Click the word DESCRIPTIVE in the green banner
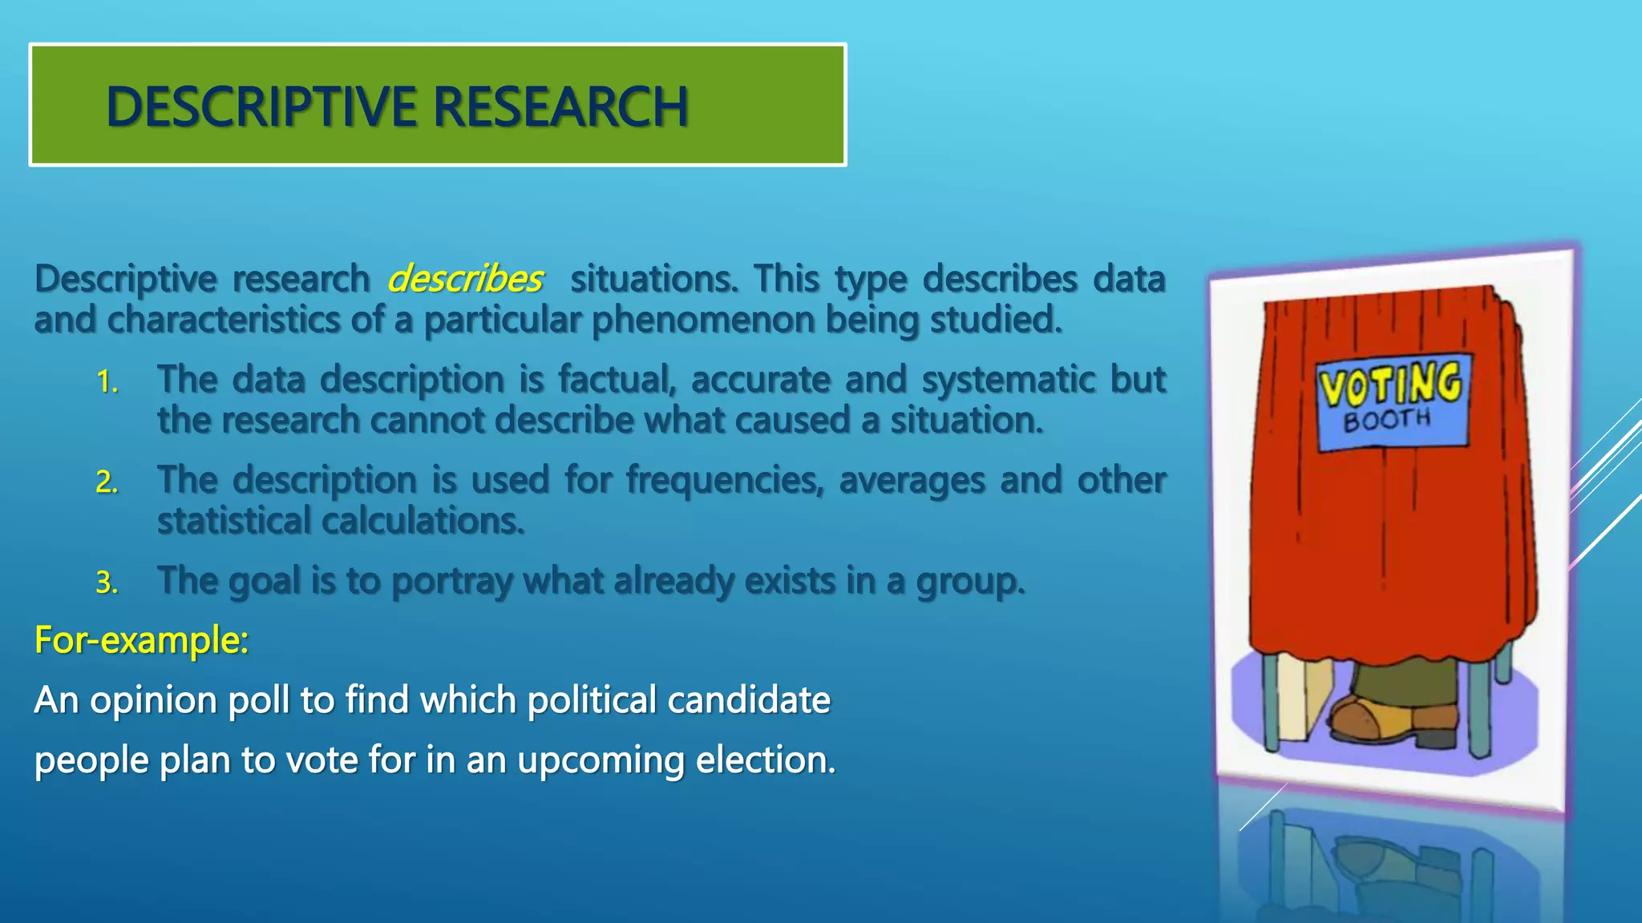click(x=261, y=107)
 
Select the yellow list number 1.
click(x=107, y=382)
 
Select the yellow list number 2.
click(x=107, y=482)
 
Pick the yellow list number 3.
click(x=107, y=582)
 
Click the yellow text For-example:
click(x=141, y=640)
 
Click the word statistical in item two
click(x=233, y=521)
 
